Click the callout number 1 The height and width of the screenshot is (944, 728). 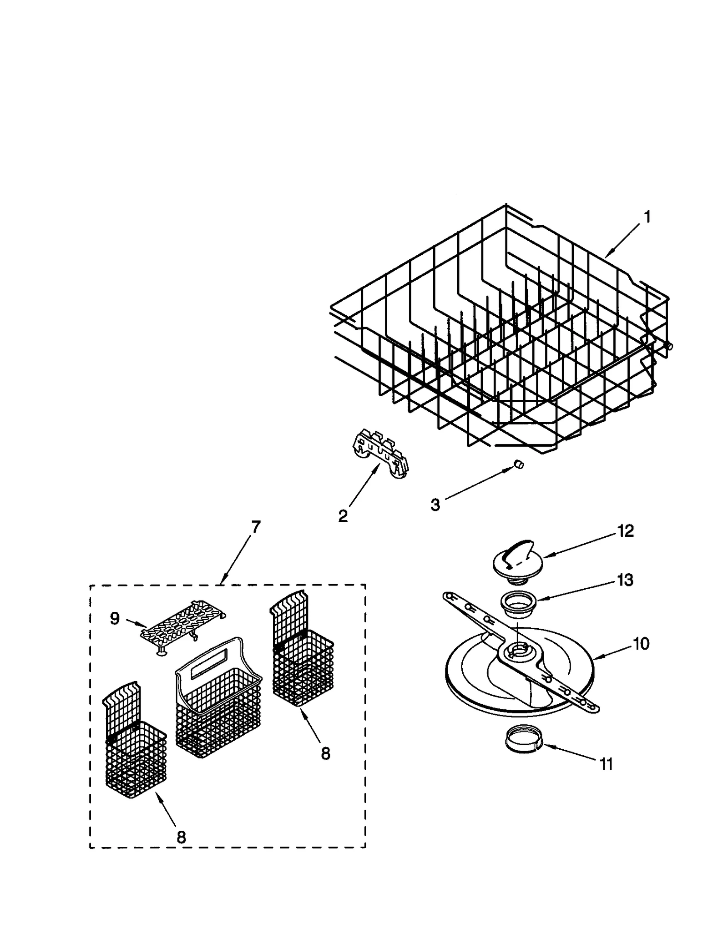tap(647, 217)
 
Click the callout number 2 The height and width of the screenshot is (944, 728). tap(343, 515)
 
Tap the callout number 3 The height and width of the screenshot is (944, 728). tap(435, 505)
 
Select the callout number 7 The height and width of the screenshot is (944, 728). tap(256, 527)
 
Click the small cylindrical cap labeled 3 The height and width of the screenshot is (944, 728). tap(518, 464)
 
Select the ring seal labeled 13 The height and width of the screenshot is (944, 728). tap(518, 606)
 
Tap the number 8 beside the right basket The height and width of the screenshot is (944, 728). tap(325, 753)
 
